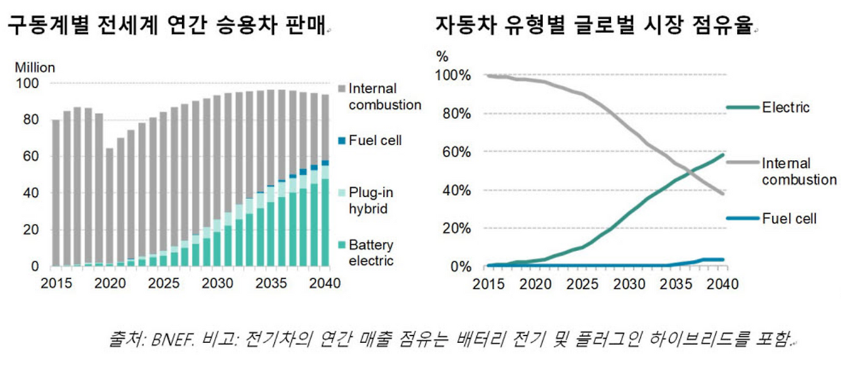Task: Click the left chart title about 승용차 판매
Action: tap(167, 27)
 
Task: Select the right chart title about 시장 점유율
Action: tap(595, 27)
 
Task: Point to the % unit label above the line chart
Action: tap(442, 56)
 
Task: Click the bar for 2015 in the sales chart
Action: tap(56, 193)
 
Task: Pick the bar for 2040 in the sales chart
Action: tap(325, 181)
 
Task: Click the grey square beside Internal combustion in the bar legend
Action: tap(342, 89)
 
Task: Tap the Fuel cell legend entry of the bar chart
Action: tap(375, 140)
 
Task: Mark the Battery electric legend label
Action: tap(371, 253)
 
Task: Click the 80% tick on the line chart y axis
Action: tap(453, 114)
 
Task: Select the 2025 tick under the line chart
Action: tap(581, 284)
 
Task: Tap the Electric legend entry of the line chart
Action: tap(785, 107)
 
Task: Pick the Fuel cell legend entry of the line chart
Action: tap(789, 218)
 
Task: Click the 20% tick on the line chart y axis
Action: tap(453, 228)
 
